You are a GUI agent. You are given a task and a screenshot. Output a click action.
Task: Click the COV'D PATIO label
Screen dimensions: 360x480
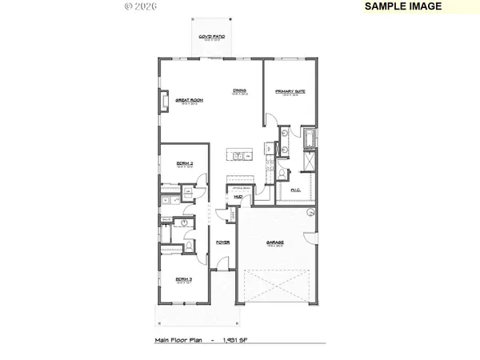211,38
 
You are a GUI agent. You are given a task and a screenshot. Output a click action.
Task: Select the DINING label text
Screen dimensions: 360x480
238,90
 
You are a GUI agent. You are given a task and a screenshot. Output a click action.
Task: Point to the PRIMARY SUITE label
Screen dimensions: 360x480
291,90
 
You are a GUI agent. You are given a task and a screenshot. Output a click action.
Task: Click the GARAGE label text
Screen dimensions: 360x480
276,242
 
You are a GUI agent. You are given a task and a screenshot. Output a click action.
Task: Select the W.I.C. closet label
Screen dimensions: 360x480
295,190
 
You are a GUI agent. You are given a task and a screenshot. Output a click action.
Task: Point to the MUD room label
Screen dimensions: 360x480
238,196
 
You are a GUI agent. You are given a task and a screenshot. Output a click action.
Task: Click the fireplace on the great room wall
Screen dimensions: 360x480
164,102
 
